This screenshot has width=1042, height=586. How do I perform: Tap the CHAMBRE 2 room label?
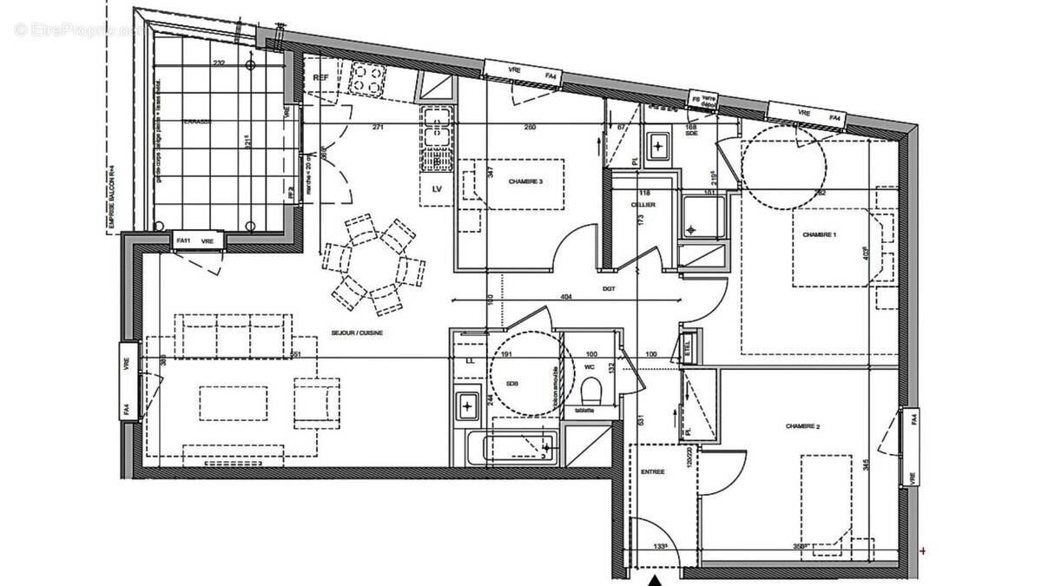tap(802, 426)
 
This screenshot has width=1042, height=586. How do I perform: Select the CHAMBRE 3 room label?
tap(526, 181)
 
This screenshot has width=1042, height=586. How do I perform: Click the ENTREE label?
tap(652, 471)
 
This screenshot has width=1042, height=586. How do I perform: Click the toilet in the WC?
tap(590, 388)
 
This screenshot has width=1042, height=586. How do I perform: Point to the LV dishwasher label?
tap(436, 189)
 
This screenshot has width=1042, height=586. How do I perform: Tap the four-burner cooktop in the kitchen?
tap(366, 81)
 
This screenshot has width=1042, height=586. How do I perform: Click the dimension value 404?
tap(565, 297)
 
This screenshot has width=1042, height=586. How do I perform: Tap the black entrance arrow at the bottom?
tap(656, 580)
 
